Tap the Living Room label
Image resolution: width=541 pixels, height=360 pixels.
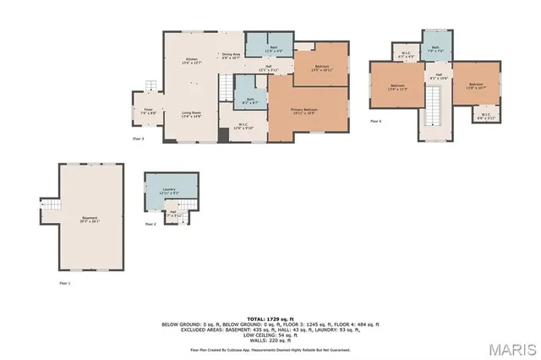point(191,115)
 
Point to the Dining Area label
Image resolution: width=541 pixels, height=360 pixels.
point(231,57)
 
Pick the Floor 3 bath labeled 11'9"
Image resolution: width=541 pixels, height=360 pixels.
point(268,48)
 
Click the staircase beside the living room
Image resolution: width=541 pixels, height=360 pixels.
point(224,87)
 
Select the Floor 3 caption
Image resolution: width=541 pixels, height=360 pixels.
point(139,138)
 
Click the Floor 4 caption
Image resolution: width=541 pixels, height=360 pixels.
point(376,122)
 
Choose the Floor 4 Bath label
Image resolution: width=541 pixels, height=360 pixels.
point(435,50)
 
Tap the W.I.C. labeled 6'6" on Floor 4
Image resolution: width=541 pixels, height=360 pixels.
point(486,117)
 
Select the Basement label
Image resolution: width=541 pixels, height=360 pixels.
point(90,220)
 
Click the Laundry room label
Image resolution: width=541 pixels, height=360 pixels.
point(169,192)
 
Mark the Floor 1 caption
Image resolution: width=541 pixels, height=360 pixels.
point(64,282)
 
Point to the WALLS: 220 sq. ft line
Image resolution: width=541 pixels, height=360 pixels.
point(270,340)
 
